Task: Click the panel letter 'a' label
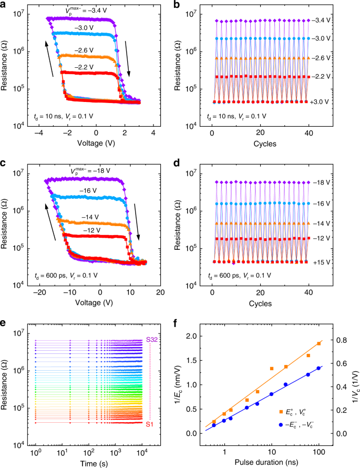[x=5, y=5]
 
